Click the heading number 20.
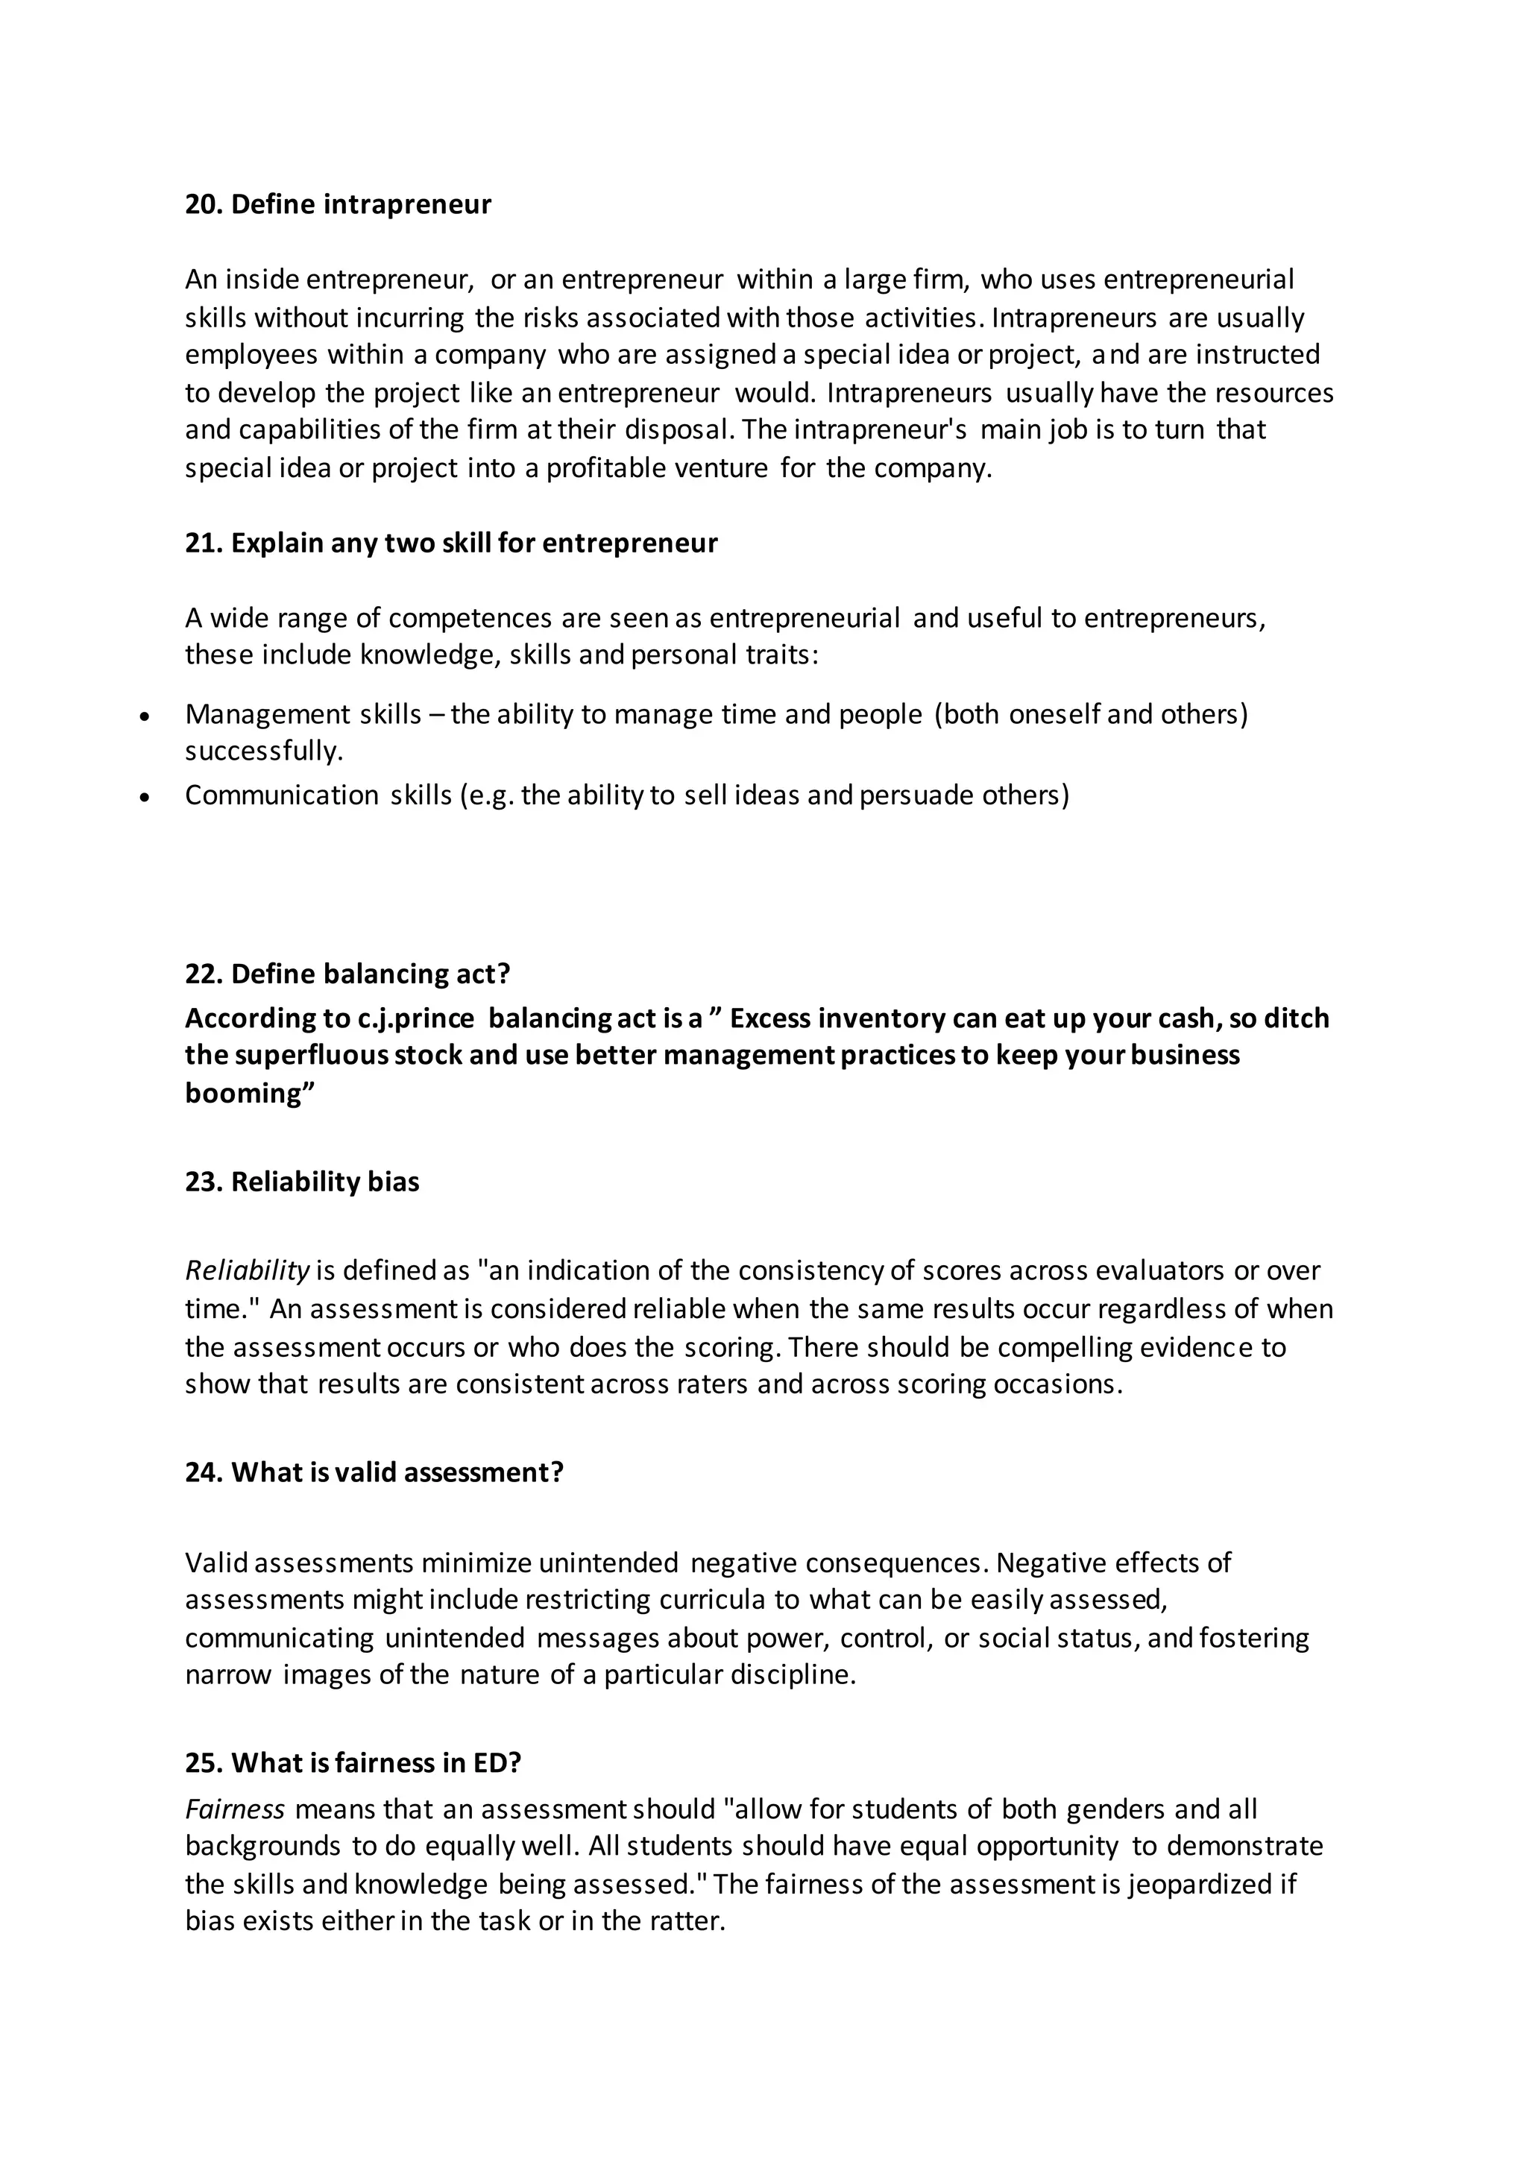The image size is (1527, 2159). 202,204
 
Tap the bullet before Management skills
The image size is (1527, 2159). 144,716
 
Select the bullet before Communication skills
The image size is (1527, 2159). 144,798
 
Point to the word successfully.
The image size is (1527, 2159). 264,751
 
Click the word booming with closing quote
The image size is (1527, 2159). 249,1093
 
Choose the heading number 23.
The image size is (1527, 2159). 202,1182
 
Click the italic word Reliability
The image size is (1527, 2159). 246,1271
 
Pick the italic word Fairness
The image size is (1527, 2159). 234,1809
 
